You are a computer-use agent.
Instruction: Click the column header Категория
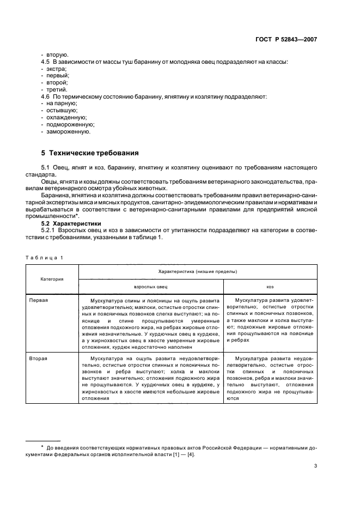[52, 278]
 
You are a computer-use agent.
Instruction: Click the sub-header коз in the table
[270, 286]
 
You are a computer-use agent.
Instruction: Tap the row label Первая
[39, 300]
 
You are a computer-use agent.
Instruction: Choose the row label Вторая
[38, 359]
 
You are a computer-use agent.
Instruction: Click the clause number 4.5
[46, 62]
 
